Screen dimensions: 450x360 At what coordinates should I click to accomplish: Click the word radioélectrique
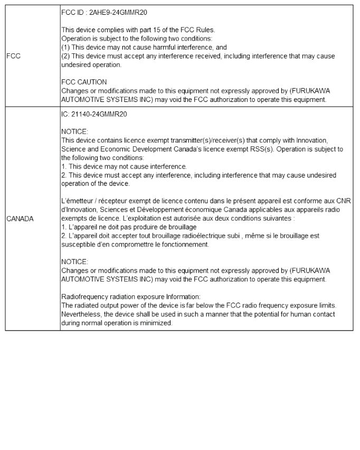(x=215, y=235)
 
